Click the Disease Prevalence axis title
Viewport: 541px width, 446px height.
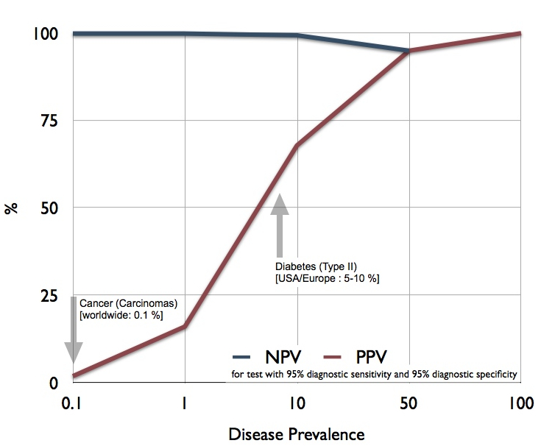[x=297, y=433]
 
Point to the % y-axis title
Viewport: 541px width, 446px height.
[x=11, y=208]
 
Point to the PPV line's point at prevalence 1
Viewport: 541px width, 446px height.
[x=185, y=326]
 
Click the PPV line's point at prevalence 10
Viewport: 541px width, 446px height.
[x=297, y=146]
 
